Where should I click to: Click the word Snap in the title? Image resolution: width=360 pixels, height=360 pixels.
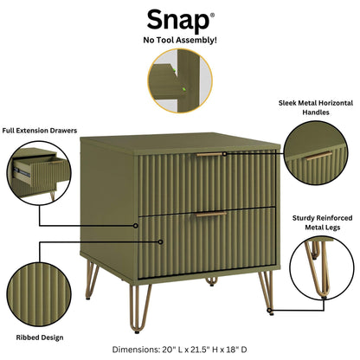click(177, 19)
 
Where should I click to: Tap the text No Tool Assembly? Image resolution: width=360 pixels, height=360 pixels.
click(179, 40)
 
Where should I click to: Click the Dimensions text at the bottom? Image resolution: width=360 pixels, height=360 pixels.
click(180, 350)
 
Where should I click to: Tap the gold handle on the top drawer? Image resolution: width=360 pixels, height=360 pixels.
click(210, 155)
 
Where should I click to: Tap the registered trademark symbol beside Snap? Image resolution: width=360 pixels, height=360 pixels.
click(213, 11)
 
